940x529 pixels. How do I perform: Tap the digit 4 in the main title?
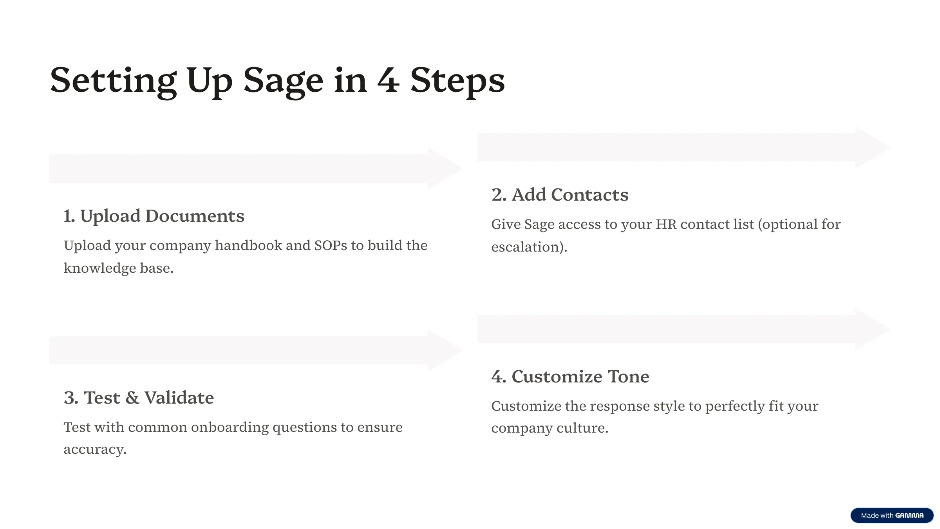pos(389,80)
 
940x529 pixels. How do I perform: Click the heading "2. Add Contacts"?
pos(560,195)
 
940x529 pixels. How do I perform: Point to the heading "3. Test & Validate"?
pos(139,398)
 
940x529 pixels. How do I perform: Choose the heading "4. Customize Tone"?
pos(570,377)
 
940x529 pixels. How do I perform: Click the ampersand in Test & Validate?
pos(132,398)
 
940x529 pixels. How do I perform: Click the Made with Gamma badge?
pos(892,516)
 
